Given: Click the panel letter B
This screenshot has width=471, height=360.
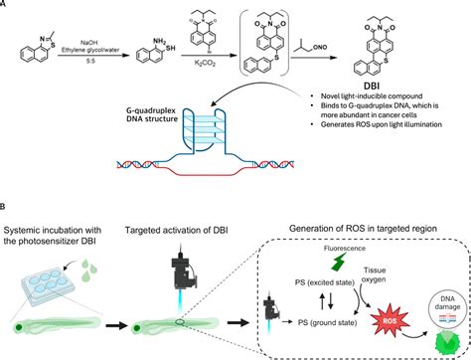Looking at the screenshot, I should click(x=5, y=207).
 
